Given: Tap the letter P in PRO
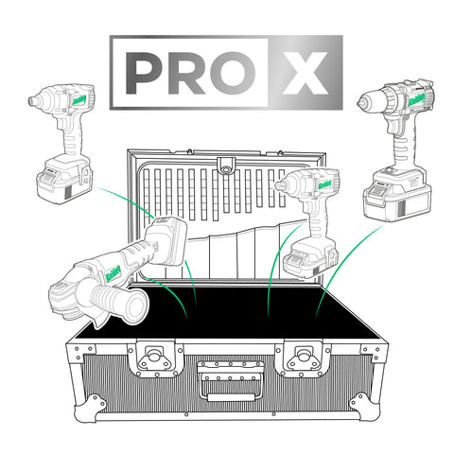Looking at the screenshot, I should [x=144, y=73].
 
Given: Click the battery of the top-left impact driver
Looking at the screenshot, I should [x=64, y=182].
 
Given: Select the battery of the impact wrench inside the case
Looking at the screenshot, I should [x=306, y=257].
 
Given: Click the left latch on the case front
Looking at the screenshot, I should [x=150, y=358].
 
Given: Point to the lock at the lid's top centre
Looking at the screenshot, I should [x=224, y=166].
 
